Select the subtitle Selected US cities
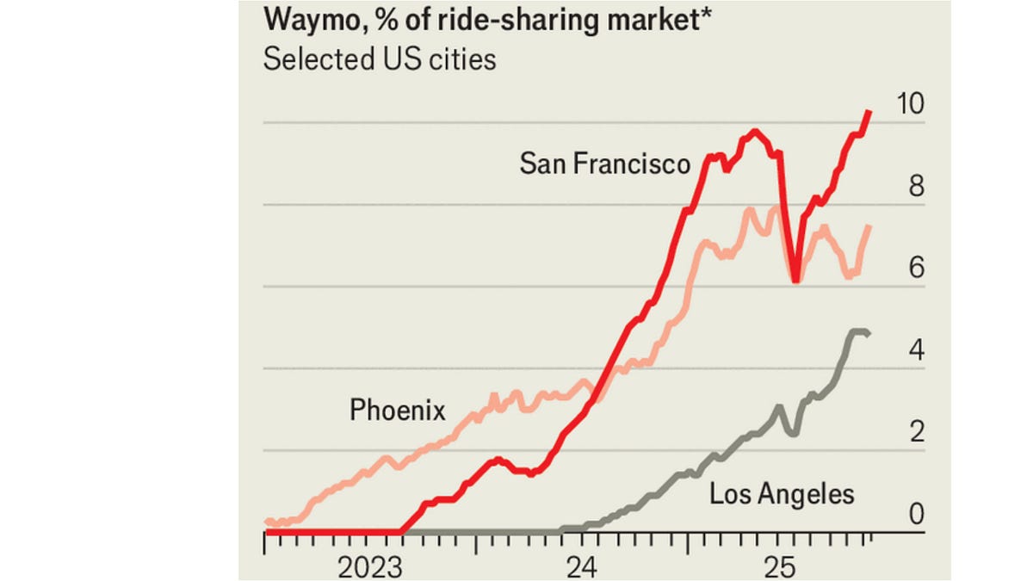[380, 60]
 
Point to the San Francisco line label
[604, 164]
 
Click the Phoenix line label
[398, 411]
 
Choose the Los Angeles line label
[782, 494]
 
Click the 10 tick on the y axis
[910, 104]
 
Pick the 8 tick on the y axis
[917, 187]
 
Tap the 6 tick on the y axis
[917, 269]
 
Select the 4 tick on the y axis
[917, 350]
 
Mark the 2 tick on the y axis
[917, 432]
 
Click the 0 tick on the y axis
[917, 514]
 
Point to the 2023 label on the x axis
[371, 567]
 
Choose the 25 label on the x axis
[785, 567]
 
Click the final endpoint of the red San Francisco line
[870, 112]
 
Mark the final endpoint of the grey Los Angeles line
[868, 334]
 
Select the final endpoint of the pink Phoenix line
[870, 226]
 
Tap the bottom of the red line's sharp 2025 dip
[796, 280]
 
